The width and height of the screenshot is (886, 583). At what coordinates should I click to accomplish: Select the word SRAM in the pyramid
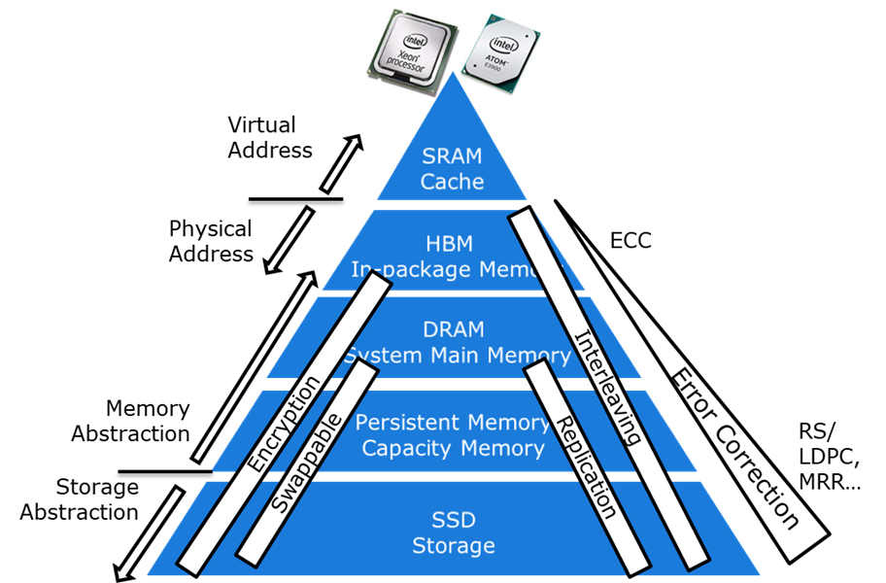click(453, 155)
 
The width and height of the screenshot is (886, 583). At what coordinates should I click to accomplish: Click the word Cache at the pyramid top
click(453, 181)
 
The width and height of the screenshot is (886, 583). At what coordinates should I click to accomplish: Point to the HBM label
click(453, 244)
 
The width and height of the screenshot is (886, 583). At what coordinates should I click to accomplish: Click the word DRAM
click(453, 330)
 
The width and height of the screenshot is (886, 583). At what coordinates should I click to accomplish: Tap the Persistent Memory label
click(452, 423)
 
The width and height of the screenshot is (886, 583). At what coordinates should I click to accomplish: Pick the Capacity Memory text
click(452, 448)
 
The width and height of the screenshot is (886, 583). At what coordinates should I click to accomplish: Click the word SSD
click(453, 520)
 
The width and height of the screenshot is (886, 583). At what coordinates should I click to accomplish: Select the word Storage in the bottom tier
click(453, 545)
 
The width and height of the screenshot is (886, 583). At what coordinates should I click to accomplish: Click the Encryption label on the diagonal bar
click(283, 426)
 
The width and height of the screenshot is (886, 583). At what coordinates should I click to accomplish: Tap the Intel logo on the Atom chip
click(502, 44)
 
